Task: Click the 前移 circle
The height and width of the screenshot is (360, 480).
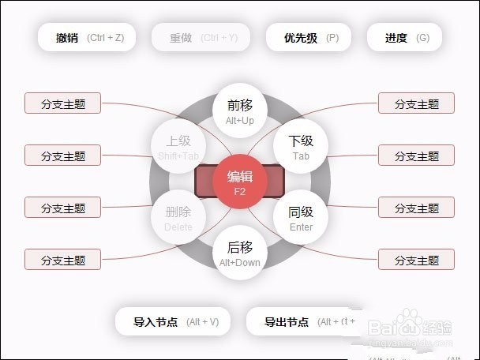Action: click(240, 111)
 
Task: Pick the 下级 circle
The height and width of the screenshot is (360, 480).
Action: click(300, 146)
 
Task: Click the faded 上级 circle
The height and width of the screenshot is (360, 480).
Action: click(178, 146)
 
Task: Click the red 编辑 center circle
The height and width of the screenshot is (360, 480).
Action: click(240, 182)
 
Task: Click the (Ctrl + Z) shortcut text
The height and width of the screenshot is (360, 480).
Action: click(111, 37)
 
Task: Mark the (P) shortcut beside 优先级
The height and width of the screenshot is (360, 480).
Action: click(332, 37)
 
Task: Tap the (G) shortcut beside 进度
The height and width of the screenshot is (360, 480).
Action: click(423, 37)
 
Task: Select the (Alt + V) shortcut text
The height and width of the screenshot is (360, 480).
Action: click(202, 322)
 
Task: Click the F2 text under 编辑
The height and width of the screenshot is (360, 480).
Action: click(240, 191)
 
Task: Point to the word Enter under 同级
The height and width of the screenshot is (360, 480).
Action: click(301, 227)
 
